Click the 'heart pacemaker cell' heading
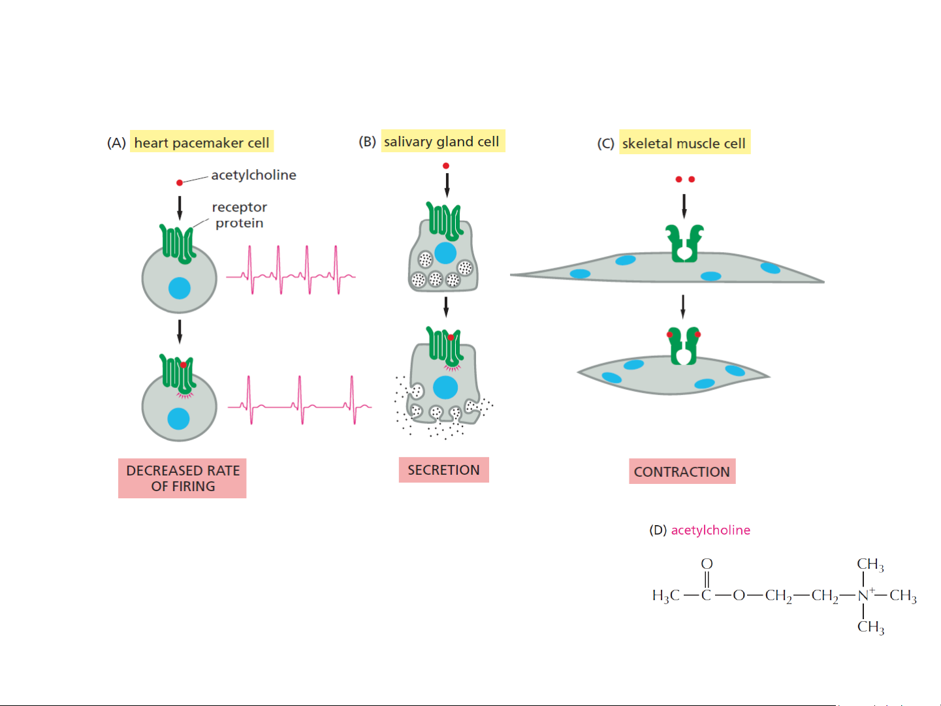pyautogui.click(x=202, y=142)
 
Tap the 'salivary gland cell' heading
pyautogui.click(x=441, y=142)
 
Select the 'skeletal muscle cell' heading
pyautogui.click(x=684, y=143)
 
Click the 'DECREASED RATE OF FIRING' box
pyautogui.click(x=182, y=478)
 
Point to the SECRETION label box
pyautogui.click(x=443, y=470)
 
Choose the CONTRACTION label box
pyautogui.click(x=682, y=472)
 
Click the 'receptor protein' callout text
pyautogui.click(x=240, y=215)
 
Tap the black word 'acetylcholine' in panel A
pyautogui.click(x=253, y=175)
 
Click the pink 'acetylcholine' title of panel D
pyautogui.click(x=710, y=530)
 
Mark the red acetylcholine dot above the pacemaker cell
pyautogui.click(x=180, y=183)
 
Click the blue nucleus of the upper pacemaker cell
pyautogui.click(x=180, y=287)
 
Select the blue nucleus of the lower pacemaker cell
pyautogui.click(x=178, y=419)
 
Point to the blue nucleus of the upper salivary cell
pyautogui.click(x=445, y=253)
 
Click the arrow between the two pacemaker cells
pyautogui.click(x=180, y=330)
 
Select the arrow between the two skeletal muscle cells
pyautogui.click(x=683, y=306)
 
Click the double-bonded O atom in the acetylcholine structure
pyautogui.click(x=707, y=564)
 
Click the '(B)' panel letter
pyautogui.click(x=367, y=142)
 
